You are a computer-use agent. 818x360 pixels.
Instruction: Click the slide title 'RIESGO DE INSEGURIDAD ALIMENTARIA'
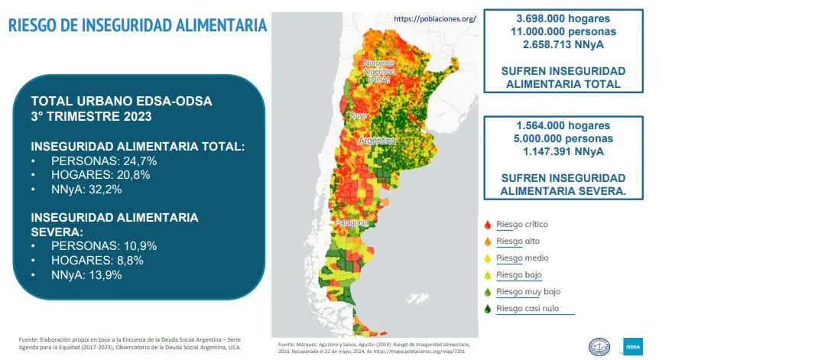[137, 25]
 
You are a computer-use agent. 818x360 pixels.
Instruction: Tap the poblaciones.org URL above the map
[435, 18]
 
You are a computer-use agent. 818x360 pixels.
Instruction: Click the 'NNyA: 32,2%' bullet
[86, 190]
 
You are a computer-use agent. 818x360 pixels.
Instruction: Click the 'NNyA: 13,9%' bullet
[86, 274]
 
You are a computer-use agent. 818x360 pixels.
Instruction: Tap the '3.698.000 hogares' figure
[563, 18]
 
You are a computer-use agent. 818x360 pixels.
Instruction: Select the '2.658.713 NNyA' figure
[563, 44]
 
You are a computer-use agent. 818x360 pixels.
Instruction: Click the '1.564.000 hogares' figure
[563, 125]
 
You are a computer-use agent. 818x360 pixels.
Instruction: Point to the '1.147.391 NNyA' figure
[563, 151]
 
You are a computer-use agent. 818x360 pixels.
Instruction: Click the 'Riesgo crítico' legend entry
[521, 224]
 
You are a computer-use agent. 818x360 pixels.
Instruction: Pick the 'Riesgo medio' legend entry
[521, 258]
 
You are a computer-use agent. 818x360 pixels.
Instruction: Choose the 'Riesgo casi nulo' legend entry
[528, 309]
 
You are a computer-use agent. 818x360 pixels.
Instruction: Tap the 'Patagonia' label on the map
[352, 223]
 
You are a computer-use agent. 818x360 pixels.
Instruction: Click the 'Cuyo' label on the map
[357, 115]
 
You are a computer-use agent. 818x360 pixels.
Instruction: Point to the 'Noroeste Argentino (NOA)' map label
[378, 70]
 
